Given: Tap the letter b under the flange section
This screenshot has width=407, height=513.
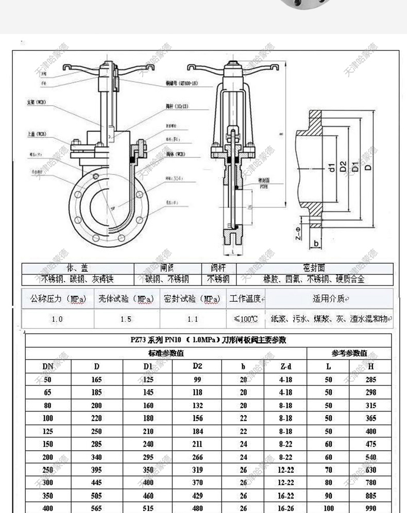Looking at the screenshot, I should tap(316, 242).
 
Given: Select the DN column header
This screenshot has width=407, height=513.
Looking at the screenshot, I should tap(48, 366).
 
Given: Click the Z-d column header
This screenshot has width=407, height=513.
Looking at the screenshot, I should tap(286, 366).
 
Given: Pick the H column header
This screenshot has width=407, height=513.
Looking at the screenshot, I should tap(371, 366).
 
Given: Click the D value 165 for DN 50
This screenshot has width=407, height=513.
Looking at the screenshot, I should tap(97, 380).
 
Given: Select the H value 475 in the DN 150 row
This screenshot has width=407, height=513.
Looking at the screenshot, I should tap(371, 444).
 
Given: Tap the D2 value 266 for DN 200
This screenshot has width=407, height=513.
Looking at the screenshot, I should tap(197, 457).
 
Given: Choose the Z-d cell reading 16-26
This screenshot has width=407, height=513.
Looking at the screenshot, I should tap(286, 508).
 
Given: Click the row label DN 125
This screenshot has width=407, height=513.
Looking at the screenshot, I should tap(48, 431).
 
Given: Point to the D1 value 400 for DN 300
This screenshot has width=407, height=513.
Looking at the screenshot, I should tap(148, 483).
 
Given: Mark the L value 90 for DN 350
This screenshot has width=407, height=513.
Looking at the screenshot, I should tap(329, 495).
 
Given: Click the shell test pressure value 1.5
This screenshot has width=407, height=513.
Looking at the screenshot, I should tap(126, 319).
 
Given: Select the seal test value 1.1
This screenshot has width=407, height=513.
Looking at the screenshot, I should tap(193, 319).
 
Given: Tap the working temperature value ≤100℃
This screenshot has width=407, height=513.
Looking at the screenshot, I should tap(246, 319).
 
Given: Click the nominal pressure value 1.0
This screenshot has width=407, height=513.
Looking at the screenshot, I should tap(57, 319).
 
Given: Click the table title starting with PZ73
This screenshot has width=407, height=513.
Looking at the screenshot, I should tap(208, 340).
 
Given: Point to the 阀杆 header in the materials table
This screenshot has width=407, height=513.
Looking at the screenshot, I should tap(218, 268).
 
